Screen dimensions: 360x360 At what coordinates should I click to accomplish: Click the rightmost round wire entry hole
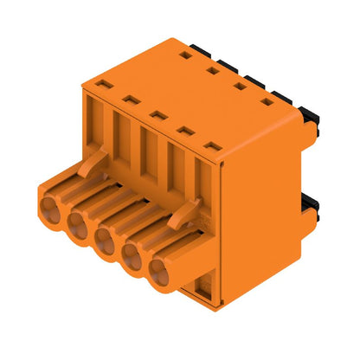pyautogui.click(x=160, y=276)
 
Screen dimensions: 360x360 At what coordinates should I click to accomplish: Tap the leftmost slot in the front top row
pyautogui.click(x=103, y=85)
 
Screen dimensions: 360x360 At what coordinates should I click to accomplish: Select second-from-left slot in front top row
pyautogui.click(x=131, y=100)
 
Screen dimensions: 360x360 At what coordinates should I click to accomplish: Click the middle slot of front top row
pyautogui.click(x=157, y=115)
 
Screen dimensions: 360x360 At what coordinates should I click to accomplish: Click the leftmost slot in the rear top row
pyautogui.click(x=185, y=55)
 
